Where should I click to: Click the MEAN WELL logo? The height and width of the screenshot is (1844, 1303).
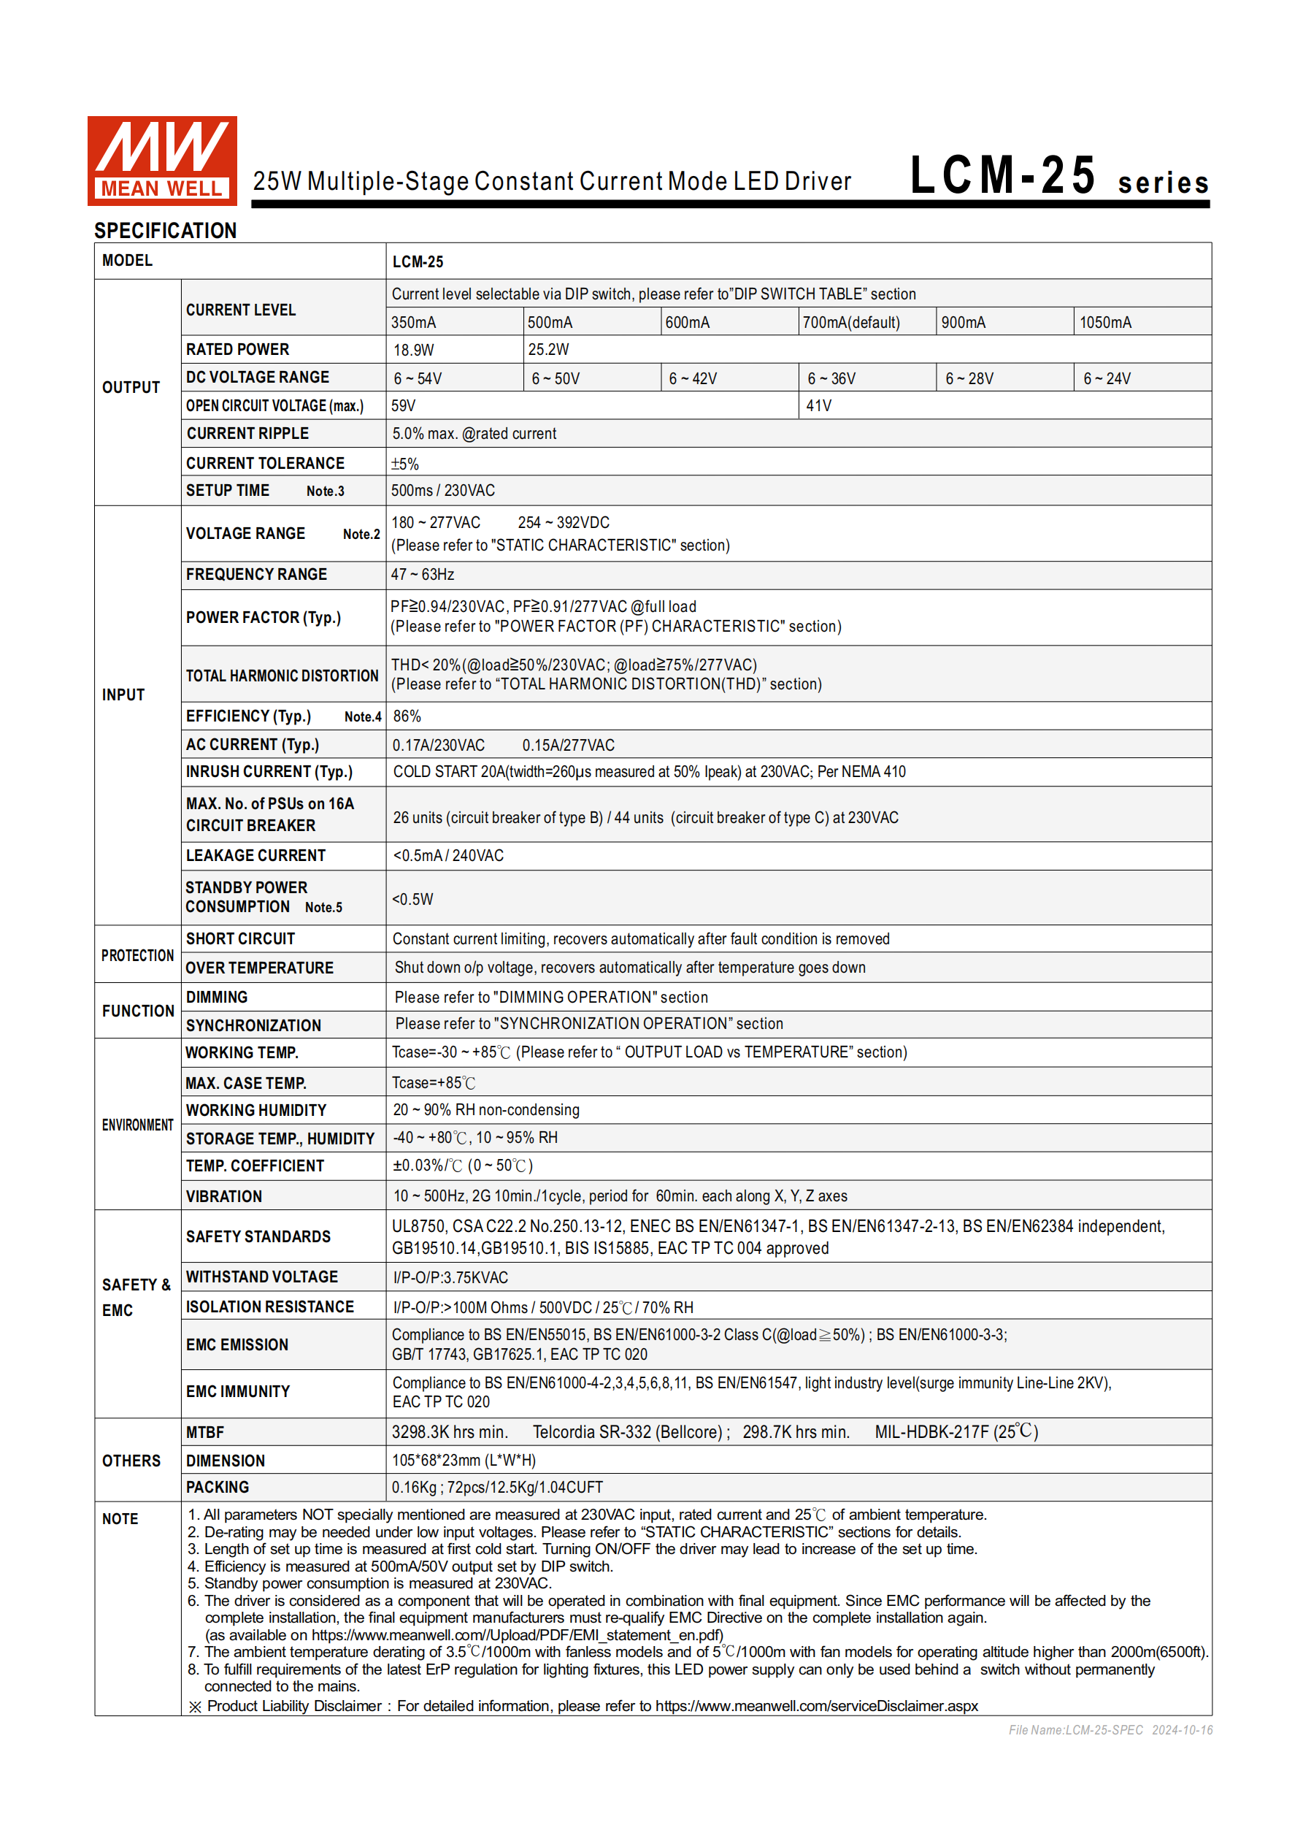click(161, 160)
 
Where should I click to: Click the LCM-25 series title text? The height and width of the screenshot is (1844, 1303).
click(1058, 176)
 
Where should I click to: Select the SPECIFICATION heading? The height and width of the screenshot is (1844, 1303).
click(166, 231)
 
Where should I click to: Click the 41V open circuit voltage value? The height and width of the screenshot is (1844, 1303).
click(819, 405)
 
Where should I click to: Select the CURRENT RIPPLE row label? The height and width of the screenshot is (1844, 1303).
click(247, 434)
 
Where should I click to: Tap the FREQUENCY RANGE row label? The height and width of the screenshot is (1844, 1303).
click(256, 574)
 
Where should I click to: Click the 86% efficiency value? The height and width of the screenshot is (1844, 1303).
click(407, 716)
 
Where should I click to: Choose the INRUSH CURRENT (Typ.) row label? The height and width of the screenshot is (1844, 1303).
click(269, 772)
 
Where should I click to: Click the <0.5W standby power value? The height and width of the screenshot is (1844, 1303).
click(412, 899)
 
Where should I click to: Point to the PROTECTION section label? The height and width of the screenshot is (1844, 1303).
click(137, 955)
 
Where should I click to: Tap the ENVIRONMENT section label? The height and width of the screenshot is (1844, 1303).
click(137, 1125)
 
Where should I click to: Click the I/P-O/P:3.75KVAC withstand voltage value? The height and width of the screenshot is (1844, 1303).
click(450, 1277)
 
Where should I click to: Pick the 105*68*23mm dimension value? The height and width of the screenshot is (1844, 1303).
click(464, 1460)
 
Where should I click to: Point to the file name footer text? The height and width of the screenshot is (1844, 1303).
click(1110, 1730)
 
